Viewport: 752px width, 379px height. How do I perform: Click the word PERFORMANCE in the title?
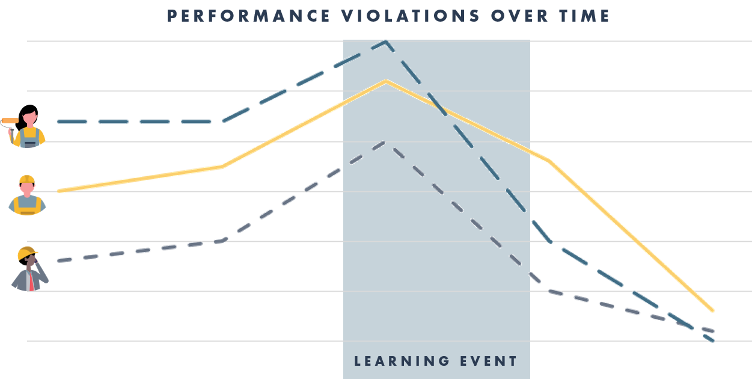point(248,16)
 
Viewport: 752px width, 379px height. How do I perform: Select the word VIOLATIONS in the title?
point(411,16)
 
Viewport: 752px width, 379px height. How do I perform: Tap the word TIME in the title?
point(584,16)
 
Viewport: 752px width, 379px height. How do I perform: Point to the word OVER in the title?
point(520,16)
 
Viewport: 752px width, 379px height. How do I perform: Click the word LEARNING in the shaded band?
point(402,361)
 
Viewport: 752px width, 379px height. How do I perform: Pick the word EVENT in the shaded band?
point(489,361)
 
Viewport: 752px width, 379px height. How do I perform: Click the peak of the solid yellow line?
point(386,81)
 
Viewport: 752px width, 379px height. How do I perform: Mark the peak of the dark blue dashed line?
point(386,42)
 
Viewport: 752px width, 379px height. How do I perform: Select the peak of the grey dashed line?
point(384,143)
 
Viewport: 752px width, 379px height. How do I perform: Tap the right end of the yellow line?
point(713,311)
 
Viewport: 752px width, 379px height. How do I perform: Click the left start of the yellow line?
point(59,191)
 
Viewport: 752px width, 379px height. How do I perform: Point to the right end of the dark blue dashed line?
point(713,340)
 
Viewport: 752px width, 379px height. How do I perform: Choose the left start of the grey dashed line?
point(59,260)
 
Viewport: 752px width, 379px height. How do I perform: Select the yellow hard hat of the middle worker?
point(27,179)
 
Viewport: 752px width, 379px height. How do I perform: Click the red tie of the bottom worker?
point(31,282)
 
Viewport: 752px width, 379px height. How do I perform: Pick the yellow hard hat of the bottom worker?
point(27,253)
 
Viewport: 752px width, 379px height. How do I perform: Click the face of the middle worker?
point(27,188)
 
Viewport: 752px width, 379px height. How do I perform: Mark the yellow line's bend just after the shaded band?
point(549,161)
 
